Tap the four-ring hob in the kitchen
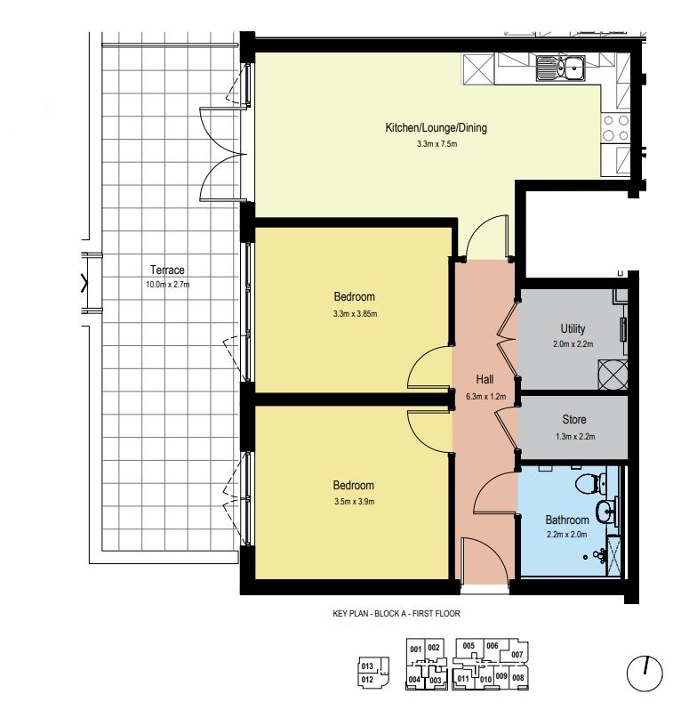pyautogui.click(x=615, y=128)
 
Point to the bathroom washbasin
pyautogui.click(x=605, y=511)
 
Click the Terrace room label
pyautogui.click(x=167, y=270)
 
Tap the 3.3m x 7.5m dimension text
pyautogui.click(x=437, y=144)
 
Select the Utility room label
pyautogui.click(x=573, y=328)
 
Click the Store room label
pyautogui.click(x=574, y=419)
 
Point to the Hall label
pyautogui.click(x=485, y=379)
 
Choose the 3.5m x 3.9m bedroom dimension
pyautogui.click(x=354, y=502)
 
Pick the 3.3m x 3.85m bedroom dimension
pyautogui.click(x=355, y=314)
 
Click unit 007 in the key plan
pyautogui.click(x=517, y=655)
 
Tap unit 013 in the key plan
pyautogui.click(x=367, y=666)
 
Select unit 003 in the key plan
pyautogui.click(x=436, y=681)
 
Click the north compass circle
pyautogui.click(x=645, y=674)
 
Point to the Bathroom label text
pyautogui.click(x=566, y=520)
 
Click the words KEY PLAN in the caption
pyautogui.click(x=350, y=614)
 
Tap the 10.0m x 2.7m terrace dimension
pyautogui.click(x=167, y=285)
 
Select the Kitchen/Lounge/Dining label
pyautogui.click(x=437, y=128)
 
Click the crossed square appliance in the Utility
pyautogui.click(x=613, y=375)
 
